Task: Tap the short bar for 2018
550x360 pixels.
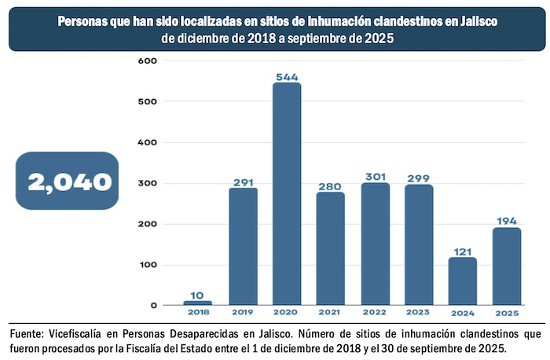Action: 198,303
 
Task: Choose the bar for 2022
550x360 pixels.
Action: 375,244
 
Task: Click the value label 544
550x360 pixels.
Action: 287,77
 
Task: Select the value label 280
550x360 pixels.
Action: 331,186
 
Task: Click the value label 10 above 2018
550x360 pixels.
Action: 198,294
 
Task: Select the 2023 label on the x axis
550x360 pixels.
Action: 419,313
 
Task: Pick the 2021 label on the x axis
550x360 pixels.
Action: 331,313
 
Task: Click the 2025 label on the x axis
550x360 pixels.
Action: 507,313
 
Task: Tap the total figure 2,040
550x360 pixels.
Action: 70,182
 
